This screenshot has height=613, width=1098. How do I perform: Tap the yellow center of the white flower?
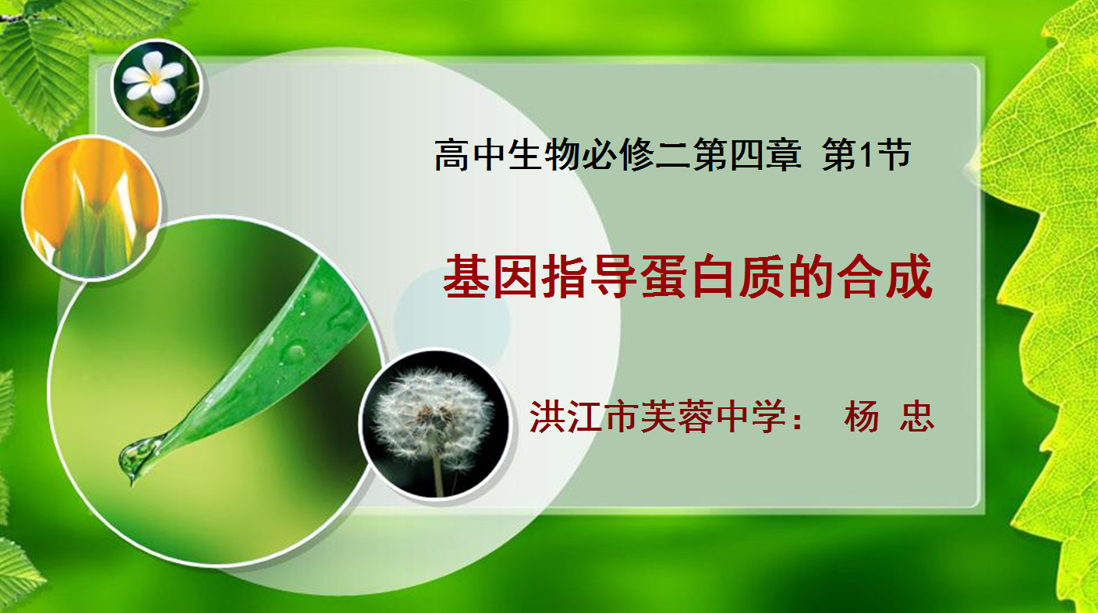[154, 77]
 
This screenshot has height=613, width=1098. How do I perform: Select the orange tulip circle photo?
[92, 207]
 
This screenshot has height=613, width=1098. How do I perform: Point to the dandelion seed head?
[432, 411]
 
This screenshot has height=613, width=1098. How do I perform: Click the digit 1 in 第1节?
[866, 155]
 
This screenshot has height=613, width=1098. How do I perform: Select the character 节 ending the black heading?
[894, 155]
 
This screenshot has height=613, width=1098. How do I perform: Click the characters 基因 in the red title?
[491, 277]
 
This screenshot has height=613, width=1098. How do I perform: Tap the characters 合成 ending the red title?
[884, 277]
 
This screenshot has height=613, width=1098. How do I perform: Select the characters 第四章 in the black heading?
[747, 155]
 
